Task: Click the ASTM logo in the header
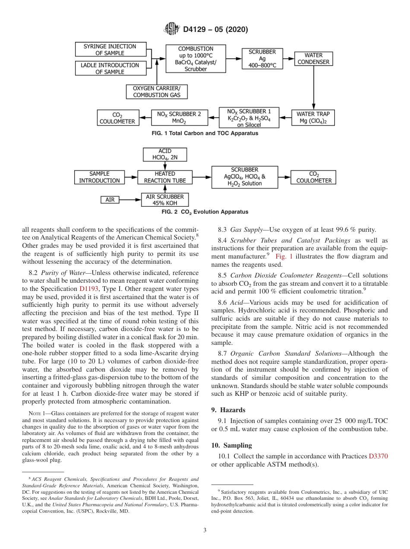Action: [172, 29]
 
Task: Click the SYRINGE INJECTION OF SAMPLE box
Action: [110, 50]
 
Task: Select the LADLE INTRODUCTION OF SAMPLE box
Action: [110, 69]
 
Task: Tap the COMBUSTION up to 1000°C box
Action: [196, 59]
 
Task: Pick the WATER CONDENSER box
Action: [313, 59]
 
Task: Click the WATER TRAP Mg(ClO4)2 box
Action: [313, 117]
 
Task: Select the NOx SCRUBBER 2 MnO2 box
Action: [179, 117]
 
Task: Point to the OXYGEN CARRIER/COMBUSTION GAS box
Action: [157, 91]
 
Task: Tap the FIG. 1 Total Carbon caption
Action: [205, 133]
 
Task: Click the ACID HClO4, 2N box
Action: [165, 155]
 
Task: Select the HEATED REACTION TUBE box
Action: [165, 177]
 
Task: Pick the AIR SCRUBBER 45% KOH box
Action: [165, 200]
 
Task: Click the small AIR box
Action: [110, 200]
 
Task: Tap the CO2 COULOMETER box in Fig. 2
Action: [314, 177]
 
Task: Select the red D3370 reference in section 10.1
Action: [378, 456]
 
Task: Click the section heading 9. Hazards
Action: [229, 409]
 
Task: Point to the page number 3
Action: [205, 530]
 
